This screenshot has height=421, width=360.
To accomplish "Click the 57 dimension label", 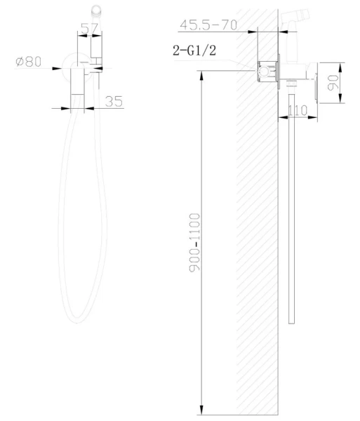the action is tap(90, 29).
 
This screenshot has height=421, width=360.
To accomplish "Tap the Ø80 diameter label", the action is tap(29, 62).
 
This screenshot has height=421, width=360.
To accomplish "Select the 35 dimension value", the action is tap(114, 101).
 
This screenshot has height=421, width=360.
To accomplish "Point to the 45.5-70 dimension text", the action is tap(208, 25).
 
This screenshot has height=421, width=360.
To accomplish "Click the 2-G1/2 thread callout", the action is tap(194, 51).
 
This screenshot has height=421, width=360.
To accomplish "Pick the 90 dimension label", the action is tap(333, 82).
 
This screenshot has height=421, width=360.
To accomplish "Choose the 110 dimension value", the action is tap(298, 110).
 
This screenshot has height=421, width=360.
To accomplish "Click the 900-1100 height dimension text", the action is tap(194, 243).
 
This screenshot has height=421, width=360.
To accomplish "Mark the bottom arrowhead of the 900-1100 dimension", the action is tap(201, 410).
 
